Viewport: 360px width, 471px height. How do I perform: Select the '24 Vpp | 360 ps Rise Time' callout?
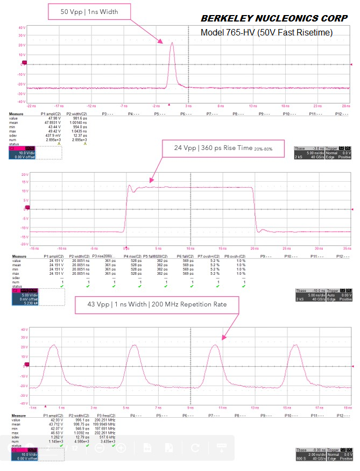tap(223, 148)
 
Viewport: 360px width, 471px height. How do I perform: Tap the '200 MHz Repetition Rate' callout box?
tap(157, 304)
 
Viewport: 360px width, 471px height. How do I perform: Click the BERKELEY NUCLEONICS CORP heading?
tap(274, 18)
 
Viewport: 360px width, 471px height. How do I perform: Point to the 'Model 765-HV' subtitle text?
tap(266, 33)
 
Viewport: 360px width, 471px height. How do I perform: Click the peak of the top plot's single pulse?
tap(172, 42)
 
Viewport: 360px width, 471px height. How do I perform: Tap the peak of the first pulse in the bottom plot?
tap(53, 345)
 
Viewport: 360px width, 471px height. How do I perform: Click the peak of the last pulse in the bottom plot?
tap(294, 345)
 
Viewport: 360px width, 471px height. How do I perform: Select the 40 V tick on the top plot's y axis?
tap(23, 27)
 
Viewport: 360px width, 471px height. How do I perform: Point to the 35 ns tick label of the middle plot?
tap(349, 248)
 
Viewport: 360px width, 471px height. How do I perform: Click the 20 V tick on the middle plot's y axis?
tap(24, 175)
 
